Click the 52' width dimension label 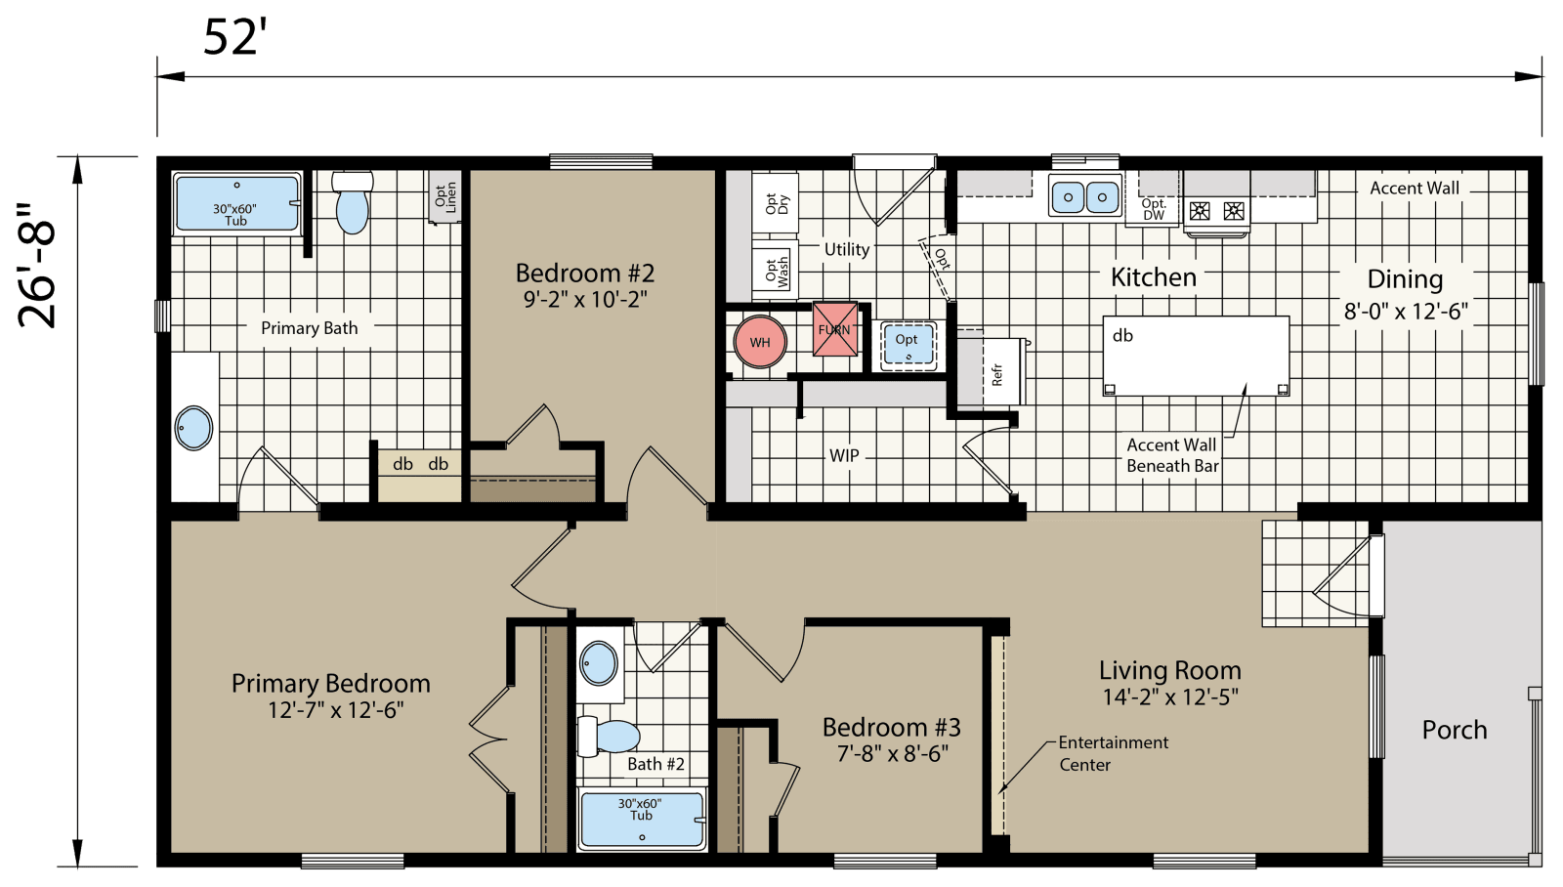(234, 37)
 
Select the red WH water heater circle (760, 342)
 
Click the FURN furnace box (835, 329)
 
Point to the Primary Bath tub (236, 203)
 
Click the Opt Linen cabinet (445, 196)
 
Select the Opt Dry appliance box (777, 203)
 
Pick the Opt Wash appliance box (777, 270)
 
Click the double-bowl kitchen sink (1085, 196)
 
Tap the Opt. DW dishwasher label (1154, 209)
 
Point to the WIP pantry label (844, 455)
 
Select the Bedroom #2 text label (585, 273)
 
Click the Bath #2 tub (641, 819)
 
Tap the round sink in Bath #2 (599, 664)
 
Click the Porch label (1455, 730)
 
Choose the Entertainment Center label (1113, 753)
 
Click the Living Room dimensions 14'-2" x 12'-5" (1170, 697)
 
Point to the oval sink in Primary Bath (193, 428)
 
